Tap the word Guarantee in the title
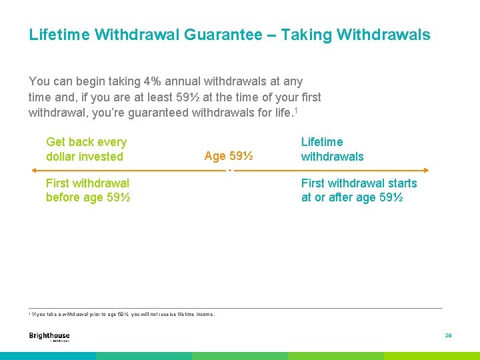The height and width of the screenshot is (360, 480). [x=223, y=34]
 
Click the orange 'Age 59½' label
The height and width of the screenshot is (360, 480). [x=228, y=156]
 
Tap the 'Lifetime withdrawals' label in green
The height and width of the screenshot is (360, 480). [x=332, y=149]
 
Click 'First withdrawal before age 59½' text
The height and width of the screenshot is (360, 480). [x=87, y=190]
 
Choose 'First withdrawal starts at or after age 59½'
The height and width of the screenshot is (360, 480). [x=359, y=190]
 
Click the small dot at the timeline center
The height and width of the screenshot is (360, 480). [x=229, y=171]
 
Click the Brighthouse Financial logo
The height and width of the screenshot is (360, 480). [x=49, y=337]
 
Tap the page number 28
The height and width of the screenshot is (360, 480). [x=448, y=336]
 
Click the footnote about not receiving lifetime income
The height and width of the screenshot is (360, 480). [x=123, y=314]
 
